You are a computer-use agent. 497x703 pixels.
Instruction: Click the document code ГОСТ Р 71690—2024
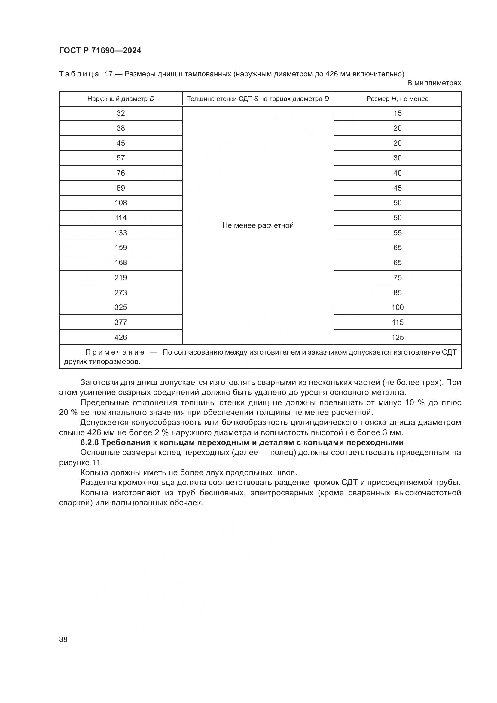pos(100,51)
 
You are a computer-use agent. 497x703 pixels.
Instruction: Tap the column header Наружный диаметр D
pos(120,99)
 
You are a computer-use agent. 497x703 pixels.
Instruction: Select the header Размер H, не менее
pos(397,99)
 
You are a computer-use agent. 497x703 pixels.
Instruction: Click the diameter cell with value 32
pos(120,113)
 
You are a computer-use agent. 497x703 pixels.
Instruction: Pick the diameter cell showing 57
pos(120,158)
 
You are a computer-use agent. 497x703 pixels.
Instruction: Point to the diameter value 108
pos(120,203)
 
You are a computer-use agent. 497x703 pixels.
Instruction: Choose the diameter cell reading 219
pos(120,277)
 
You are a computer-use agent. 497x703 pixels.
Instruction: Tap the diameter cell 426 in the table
pos(120,338)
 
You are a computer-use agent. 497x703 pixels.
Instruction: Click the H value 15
pos(397,113)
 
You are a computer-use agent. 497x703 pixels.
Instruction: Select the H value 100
pos(397,307)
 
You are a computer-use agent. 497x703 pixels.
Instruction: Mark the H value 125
pos(397,338)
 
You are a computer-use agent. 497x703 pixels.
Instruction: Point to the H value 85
pos(397,292)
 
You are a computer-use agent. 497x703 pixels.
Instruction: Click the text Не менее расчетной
pos(258,225)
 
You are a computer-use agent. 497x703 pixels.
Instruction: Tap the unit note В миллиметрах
pos(434,83)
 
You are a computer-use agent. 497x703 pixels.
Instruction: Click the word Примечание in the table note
pos(115,353)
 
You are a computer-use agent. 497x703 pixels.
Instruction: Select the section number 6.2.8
pos(90,443)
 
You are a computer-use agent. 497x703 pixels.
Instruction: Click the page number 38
pos(63,639)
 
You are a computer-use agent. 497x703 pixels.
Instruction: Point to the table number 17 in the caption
pos(109,74)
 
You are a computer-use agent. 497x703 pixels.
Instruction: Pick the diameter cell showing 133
pos(120,233)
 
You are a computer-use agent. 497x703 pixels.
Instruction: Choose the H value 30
pos(397,158)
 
